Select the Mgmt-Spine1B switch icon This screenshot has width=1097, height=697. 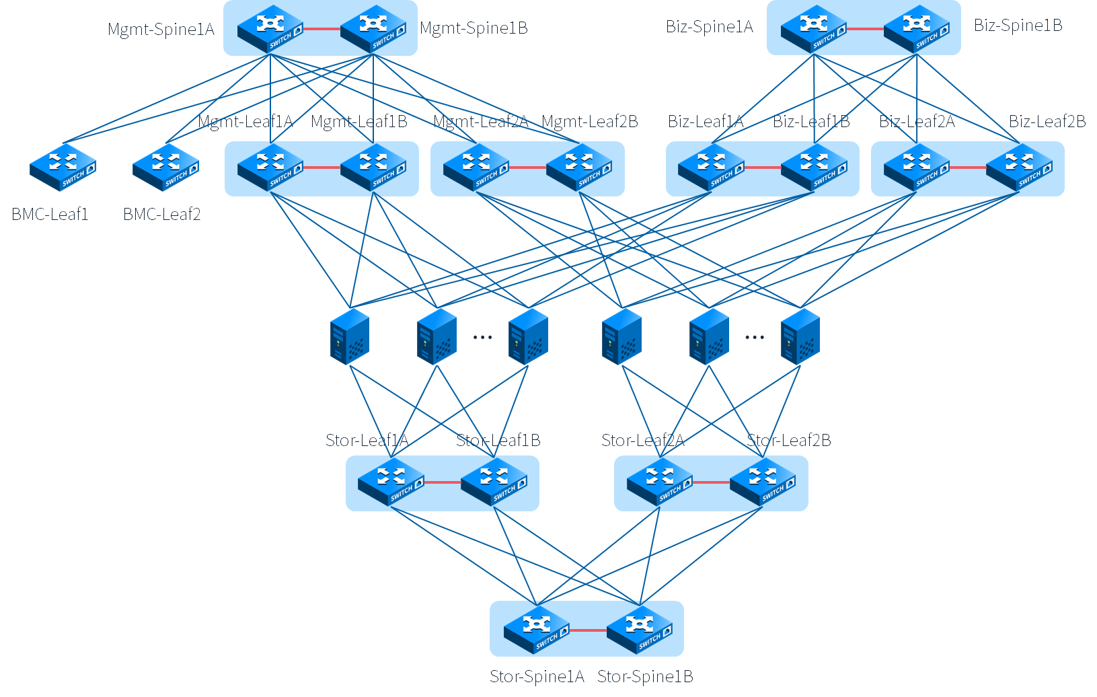point(373,29)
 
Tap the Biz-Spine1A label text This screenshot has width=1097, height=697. point(709,27)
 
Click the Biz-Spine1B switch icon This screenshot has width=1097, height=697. point(917,29)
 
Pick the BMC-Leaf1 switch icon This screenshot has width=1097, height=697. point(63,167)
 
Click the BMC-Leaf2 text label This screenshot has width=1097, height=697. point(161,215)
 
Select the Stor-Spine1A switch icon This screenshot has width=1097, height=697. point(537,630)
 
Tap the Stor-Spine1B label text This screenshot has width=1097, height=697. point(645,677)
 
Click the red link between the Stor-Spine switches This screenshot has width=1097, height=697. point(588,630)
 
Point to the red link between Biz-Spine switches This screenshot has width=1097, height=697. point(865,29)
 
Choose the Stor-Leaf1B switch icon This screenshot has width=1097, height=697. point(494,482)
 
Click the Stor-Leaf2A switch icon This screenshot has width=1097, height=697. point(660,482)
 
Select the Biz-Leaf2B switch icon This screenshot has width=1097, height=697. point(1019,167)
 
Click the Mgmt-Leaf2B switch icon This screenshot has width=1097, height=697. point(579,167)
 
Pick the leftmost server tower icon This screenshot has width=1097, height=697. point(350,336)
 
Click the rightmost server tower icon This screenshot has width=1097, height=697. point(800,336)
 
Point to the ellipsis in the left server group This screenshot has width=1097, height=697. point(482,337)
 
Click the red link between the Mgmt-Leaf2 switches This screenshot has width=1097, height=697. point(527,168)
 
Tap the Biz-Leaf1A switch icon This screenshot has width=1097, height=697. point(711,167)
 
